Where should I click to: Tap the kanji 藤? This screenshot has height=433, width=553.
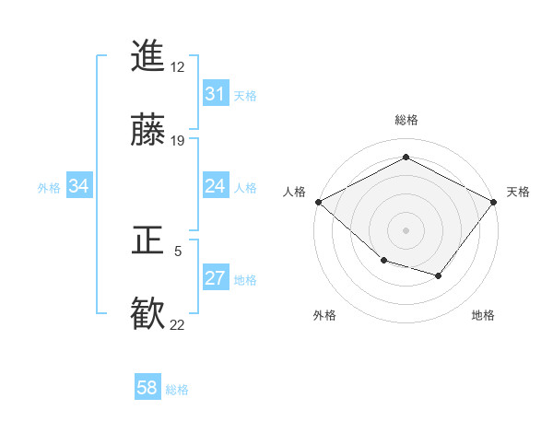(147, 130)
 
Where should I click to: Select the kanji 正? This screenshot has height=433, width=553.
(147, 241)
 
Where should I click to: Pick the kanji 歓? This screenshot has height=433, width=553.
(147, 314)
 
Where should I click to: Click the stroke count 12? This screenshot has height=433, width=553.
(177, 66)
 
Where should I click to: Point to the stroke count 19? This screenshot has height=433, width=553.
(177, 141)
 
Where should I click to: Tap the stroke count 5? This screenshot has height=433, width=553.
(178, 251)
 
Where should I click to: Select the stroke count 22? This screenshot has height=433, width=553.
(177, 324)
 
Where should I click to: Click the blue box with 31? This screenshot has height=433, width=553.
(215, 94)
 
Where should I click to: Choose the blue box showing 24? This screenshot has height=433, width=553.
(215, 187)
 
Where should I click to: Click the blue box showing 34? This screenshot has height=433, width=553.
(79, 187)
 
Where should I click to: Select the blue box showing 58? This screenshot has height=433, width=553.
(147, 388)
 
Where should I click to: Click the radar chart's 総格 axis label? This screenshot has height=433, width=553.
(406, 121)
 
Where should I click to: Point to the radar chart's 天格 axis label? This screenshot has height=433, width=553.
(518, 192)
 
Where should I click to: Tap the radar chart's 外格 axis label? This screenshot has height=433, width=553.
(324, 316)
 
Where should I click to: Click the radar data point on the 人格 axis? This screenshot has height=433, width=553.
(318, 202)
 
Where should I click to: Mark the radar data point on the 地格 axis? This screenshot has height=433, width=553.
(439, 275)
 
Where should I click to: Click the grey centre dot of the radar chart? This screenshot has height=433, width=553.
(406, 229)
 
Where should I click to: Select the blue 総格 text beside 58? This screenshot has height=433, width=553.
(177, 390)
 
